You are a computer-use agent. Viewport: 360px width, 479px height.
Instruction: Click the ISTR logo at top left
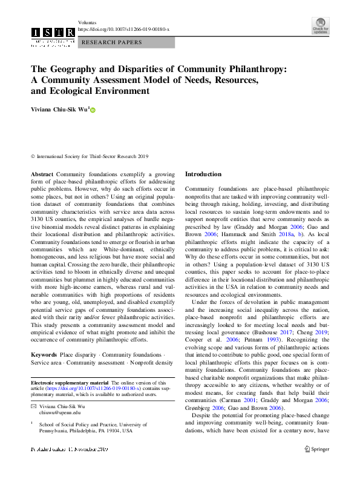[x=53, y=35]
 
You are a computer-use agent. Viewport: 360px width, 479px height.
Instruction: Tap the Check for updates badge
[x=321, y=27]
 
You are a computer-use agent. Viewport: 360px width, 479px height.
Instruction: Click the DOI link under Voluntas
[x=123, y=29]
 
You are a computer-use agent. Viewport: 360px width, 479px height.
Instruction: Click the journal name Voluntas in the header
[x=88, y=22]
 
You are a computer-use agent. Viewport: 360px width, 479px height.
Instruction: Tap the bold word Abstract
[x=41, y=174]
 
